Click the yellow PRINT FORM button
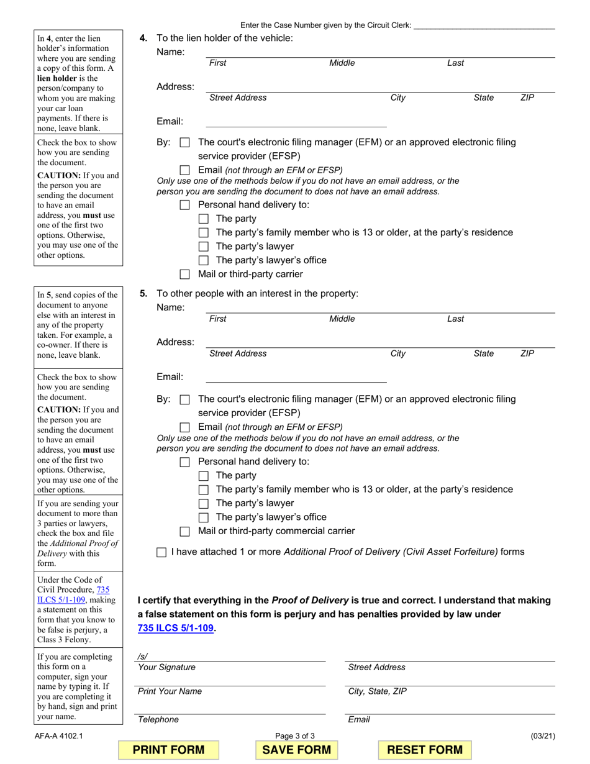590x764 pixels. tap(169, 750)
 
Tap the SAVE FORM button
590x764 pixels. tap(296, 750)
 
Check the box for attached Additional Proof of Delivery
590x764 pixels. tap(161, 552)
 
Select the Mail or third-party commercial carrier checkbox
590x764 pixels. tap(184, 532)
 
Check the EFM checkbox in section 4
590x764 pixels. tap(184, 142)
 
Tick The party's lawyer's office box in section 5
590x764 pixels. tap(203, 517)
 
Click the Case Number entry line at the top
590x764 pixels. tap(484, 25)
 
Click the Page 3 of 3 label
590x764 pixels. tap(295, 737)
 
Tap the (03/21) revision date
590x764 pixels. tap(543, 737)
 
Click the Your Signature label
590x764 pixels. tap(166, 667)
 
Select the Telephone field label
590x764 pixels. tap(158, 719)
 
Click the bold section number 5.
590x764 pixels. tap(143, 294)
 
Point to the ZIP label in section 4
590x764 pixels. tap(527, 98)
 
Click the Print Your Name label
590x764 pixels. tap(170, 691)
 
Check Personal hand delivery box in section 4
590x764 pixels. tap(184, 205)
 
